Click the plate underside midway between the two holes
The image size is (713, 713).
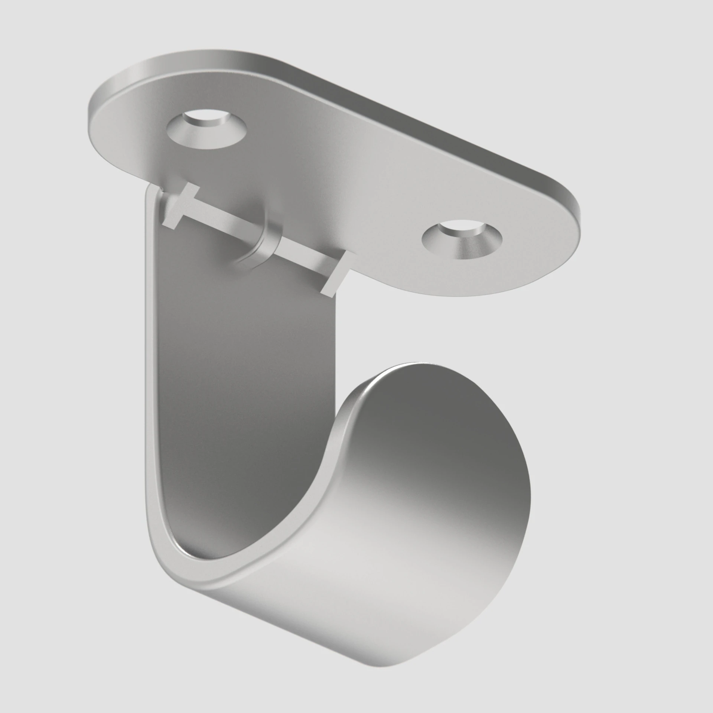point(334,178)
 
